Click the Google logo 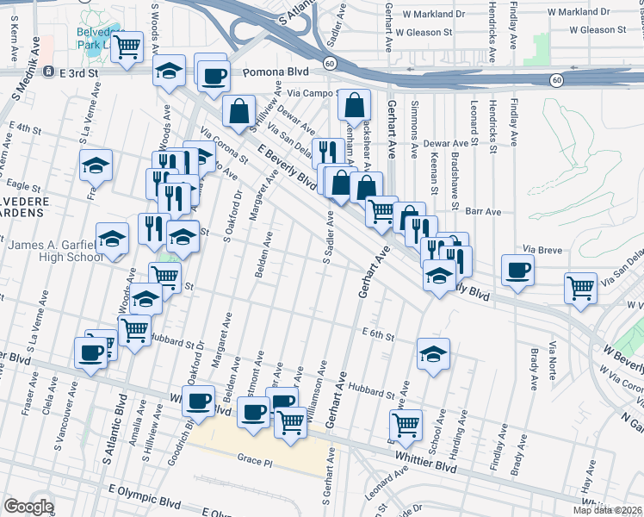click(x=28, y=507)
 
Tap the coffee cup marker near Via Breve click(x=518, y=271)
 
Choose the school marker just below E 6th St click(x=433, y=352)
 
